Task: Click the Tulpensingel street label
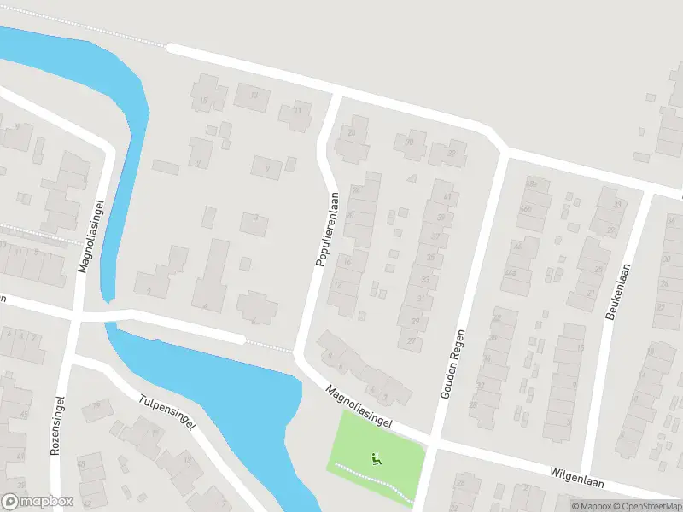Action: (168, 411)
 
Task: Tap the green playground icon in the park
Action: (376, 459)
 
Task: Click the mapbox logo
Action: (38, 501)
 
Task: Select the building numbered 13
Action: (254, 96)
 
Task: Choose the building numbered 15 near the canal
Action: (203, 102)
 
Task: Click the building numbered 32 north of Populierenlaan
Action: (451, 153)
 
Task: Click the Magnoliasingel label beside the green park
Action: (358, 405)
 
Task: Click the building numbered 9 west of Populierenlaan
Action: (267, 169)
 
